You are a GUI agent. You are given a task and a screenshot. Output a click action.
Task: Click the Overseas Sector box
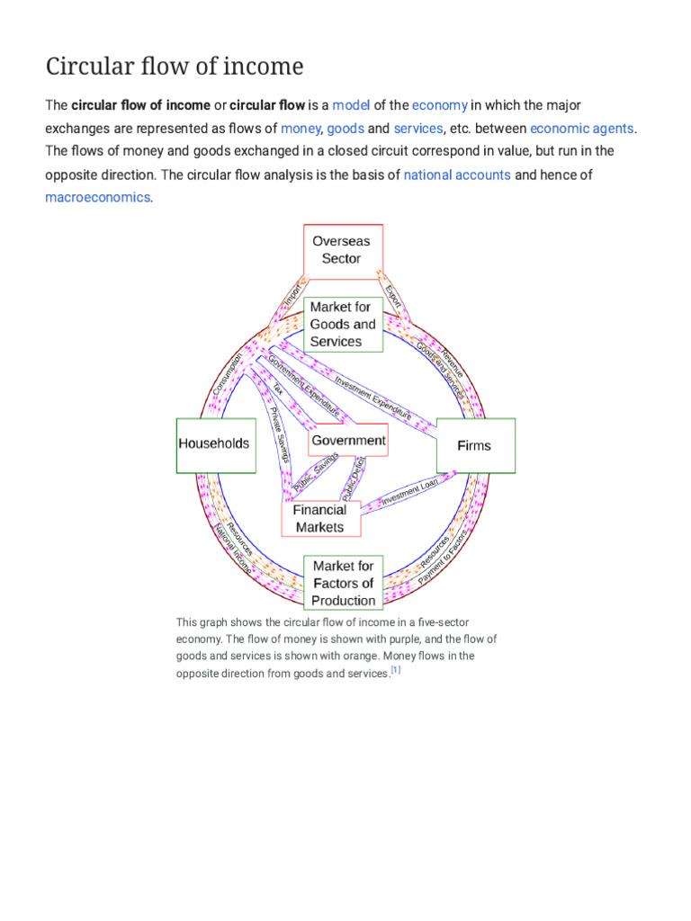pyautogui.click(x=342, y=249)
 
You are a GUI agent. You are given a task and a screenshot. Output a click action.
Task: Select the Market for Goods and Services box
pyautogui.click(x=343, y=324)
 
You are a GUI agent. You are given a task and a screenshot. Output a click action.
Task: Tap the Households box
pyautogui.click(x=214, y=444)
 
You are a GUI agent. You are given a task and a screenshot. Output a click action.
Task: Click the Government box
pyautogui.click(x=348, y=441)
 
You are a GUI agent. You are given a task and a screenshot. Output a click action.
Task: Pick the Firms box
pyautogui.click(x=475, y=445)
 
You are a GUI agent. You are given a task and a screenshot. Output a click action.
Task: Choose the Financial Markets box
pyautogui.click(x=320, y=518)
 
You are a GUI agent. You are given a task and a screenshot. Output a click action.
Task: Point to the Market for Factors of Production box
pyautogui.click(x=343, y=583)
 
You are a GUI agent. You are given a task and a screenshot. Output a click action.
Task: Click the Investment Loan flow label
pyautogui.click(x=409, y=493)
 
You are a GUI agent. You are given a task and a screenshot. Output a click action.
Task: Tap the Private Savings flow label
pyautogui.click(x=280, y=435)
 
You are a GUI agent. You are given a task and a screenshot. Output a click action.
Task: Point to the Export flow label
pyautogui.click(x=393, y=296)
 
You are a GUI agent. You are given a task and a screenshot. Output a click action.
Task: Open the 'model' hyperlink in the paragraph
pyautogui.click(x=351, y=105)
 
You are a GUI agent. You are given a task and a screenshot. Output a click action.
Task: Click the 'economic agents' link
pyautogui.click(x=582, y=129)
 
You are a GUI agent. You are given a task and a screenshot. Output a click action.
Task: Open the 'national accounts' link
pyautogui.click(x=457, y=174)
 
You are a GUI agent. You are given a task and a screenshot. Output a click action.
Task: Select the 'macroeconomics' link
pyautogui.click(x=97, y=197)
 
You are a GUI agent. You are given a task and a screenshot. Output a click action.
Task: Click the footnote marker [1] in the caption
pyautogui.click(x=395, y=671)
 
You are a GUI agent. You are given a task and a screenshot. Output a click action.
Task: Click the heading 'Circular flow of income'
pyautogui.click(x=175, y=66)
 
